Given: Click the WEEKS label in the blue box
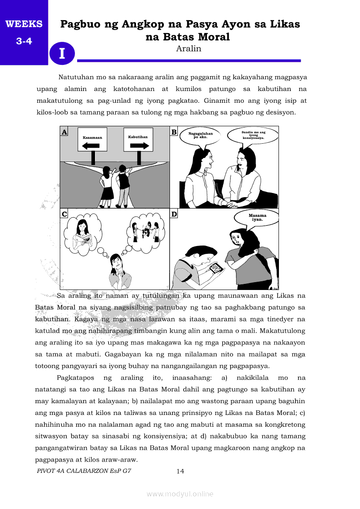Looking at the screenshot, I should [x=24, y=24].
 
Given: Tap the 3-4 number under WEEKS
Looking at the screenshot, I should [x=24, y=42].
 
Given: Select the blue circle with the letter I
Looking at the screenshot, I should [x=62, y=54].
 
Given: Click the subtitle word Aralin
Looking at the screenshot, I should [x=188, y=49].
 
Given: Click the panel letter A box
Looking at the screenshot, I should [x=64, y=132].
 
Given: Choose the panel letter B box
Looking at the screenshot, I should [x=173, y=132].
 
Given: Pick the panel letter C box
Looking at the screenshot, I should [x=64, y=214].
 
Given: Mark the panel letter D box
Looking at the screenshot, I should [x=174, y=214].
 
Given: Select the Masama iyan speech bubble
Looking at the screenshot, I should [x=257, y=217].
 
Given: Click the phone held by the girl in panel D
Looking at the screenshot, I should [x=215, y=269].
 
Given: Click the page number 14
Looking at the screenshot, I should [x=180, y=471].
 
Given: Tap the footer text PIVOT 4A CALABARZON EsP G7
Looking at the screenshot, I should [x=84, y=471].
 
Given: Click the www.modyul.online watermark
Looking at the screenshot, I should [x=180, y=494].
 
